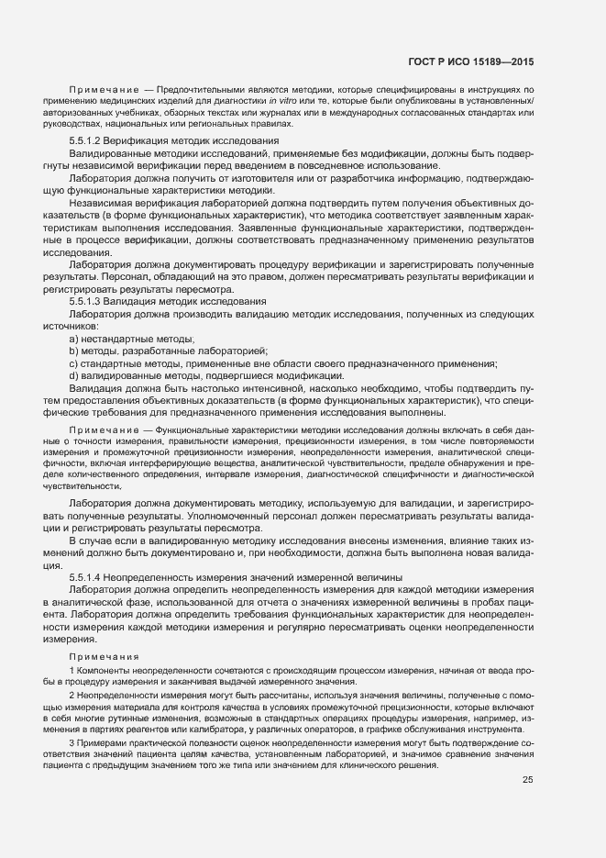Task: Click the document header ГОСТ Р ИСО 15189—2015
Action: click(471, 61)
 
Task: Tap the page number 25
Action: click(527, 781)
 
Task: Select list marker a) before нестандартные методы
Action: click(72, 339)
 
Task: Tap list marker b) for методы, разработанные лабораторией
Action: click(72, 351)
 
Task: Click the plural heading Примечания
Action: click(104, 656)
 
